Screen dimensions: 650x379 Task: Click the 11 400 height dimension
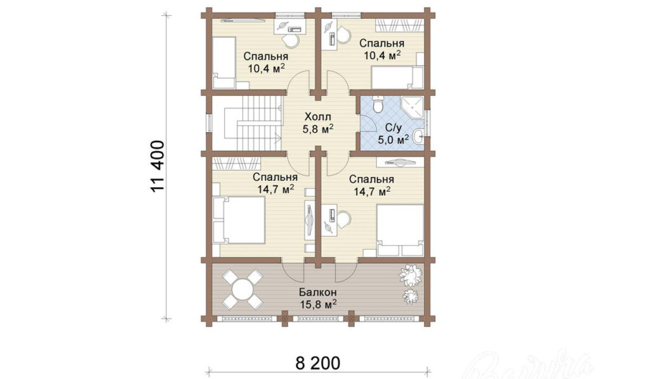pyautogui.click(x=158, y=166)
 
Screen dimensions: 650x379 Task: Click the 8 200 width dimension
pyautogui.click(x=318, y=363)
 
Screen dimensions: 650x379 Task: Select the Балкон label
pyautogui.click(x=317, y=291)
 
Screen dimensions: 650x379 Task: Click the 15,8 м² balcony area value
pyautogui.click(x=317, y=304)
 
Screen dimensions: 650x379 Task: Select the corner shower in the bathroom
pyautogui.click(x=411, y=109)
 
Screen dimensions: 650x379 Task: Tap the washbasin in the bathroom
pyautogui.click(x=419, y=135)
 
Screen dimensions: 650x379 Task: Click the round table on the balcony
pyautogui.click(x=242, y=288)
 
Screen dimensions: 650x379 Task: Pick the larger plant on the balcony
pyautogui.click(x=411, y=275)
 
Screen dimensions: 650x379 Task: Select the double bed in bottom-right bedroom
pyautogui.click(x=400, y=230)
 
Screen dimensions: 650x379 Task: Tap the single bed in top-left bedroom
pyautogui.click(x=224, y=62)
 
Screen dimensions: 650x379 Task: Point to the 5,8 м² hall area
pyautogui.click(x=318, y=128)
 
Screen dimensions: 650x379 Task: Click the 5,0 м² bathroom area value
pyautogui.click(x=392, y=139)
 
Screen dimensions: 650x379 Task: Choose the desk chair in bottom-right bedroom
pyautogui.click(x=344, y=218)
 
